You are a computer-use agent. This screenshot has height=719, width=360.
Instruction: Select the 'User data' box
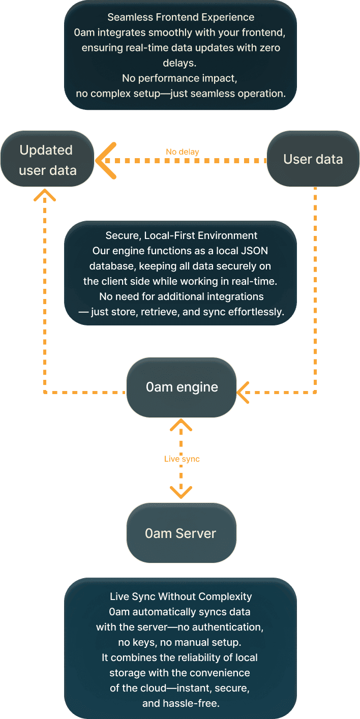pyautogui.click(x=313, y=159)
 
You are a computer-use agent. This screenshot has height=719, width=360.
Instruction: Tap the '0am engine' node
pyautogui.click(x=182, y=387)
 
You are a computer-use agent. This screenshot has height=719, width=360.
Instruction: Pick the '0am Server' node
pyautogui.click(x=181, y=533)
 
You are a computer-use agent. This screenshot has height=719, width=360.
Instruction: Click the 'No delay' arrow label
pyautogui.click(x=182, y=152)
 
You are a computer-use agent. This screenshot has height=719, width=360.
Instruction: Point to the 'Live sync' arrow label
pyautogui.click(x=182, y=459)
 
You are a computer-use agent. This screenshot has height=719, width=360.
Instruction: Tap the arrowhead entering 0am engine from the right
pyautogui.click(x=243, y=393)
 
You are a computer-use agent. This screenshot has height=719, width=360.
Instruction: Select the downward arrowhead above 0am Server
pyautogui.click(x=181, y=492)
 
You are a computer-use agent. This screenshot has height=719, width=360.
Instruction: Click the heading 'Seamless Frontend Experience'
pyautogui.click(x=181, y=17)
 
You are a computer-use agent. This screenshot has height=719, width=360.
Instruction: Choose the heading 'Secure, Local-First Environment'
pyautogui.click(x=181, y=235)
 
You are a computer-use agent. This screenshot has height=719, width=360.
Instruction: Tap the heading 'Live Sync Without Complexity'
pyautogui.click(x=181, y=596)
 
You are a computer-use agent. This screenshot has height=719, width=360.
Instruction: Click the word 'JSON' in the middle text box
pyautogui.click(x=257, y=251)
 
